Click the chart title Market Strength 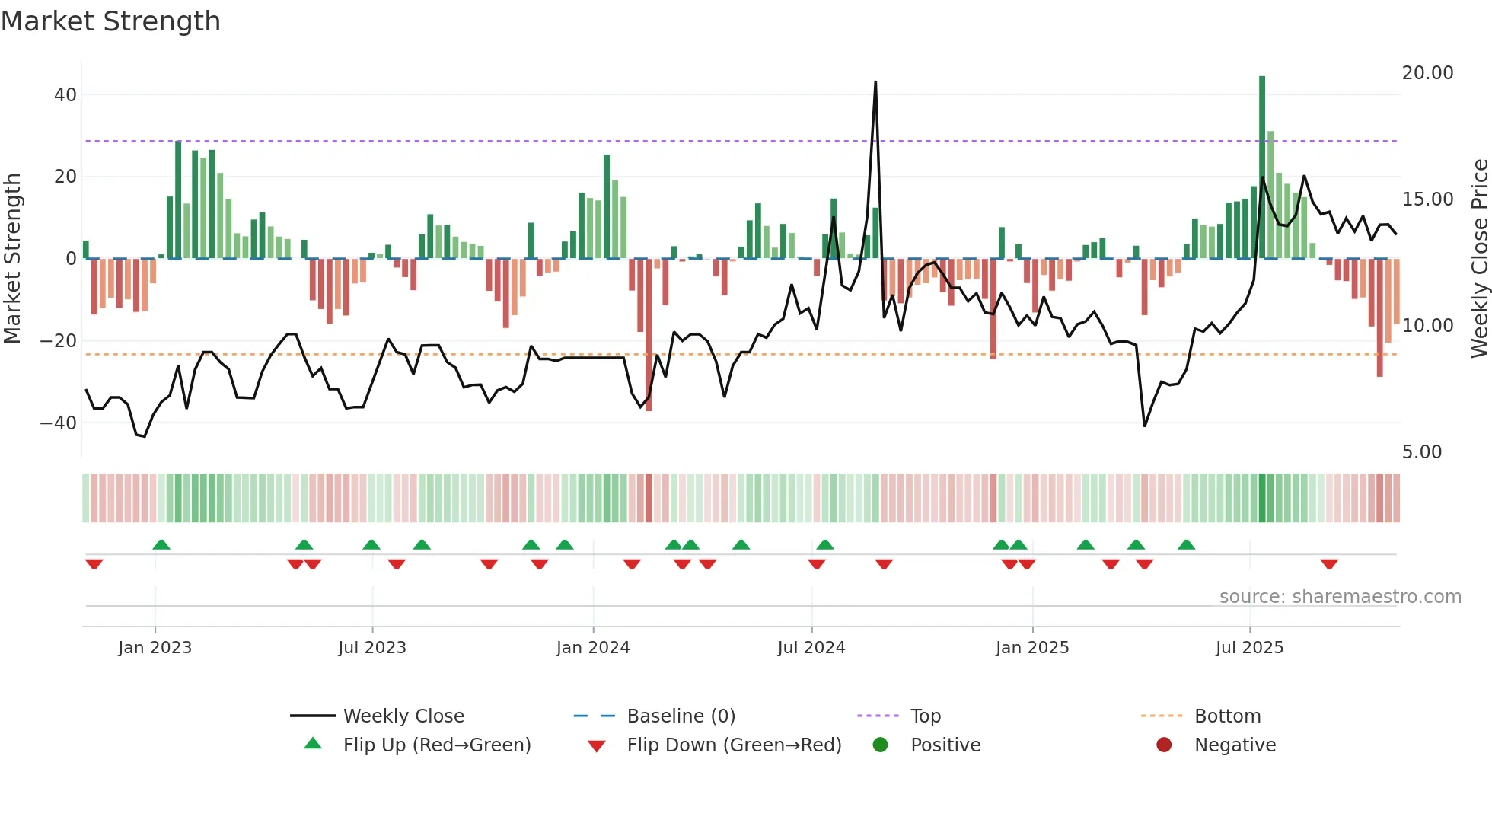tap(110, 21)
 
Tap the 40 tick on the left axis tap(65, 95)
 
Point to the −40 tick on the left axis tap(59, 423)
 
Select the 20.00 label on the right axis tap(1427, 73)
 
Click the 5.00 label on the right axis tap(1421, 452)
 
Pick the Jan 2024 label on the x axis tap(593, 648)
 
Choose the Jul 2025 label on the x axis tap(1249, 648)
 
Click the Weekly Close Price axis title tap(1479, 259)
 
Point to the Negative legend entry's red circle tap(1164, 745)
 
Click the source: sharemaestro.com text tap(1340, 597)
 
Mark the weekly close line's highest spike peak tap(875, 82)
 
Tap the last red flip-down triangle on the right tap(1329, 564)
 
